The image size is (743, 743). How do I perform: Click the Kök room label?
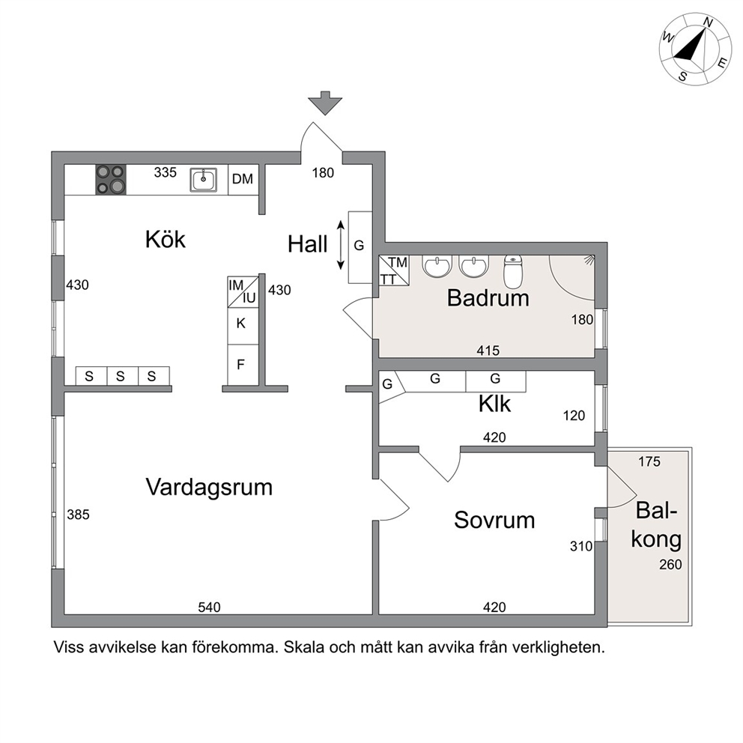(x=166, y=240)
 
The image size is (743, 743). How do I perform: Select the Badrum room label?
(x=488, y=299)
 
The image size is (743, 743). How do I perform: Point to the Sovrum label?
(x=494, y=521)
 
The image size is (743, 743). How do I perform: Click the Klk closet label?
(x=494, y=404)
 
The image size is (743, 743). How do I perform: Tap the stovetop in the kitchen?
(x=112, y=180)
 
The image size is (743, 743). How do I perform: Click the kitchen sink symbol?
(x=204, y=180)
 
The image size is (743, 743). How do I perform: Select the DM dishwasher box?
(x=243, y=180)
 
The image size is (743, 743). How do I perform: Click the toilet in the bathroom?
(x=512, y=272)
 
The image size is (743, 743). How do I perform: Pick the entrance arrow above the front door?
(x=325, y=103)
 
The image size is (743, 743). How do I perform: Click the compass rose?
(x=695, y=49)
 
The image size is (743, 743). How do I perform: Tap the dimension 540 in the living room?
(x=209, y=607)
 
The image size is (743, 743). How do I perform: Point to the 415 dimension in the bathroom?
(x=488, y=351)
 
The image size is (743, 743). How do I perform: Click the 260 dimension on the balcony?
(x=670, y=564)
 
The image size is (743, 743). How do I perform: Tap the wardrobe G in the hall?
(x=360, y=247)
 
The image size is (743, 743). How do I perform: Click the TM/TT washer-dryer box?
(x=394, y=270)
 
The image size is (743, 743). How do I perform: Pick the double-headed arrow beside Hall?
(x=340, y=245)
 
